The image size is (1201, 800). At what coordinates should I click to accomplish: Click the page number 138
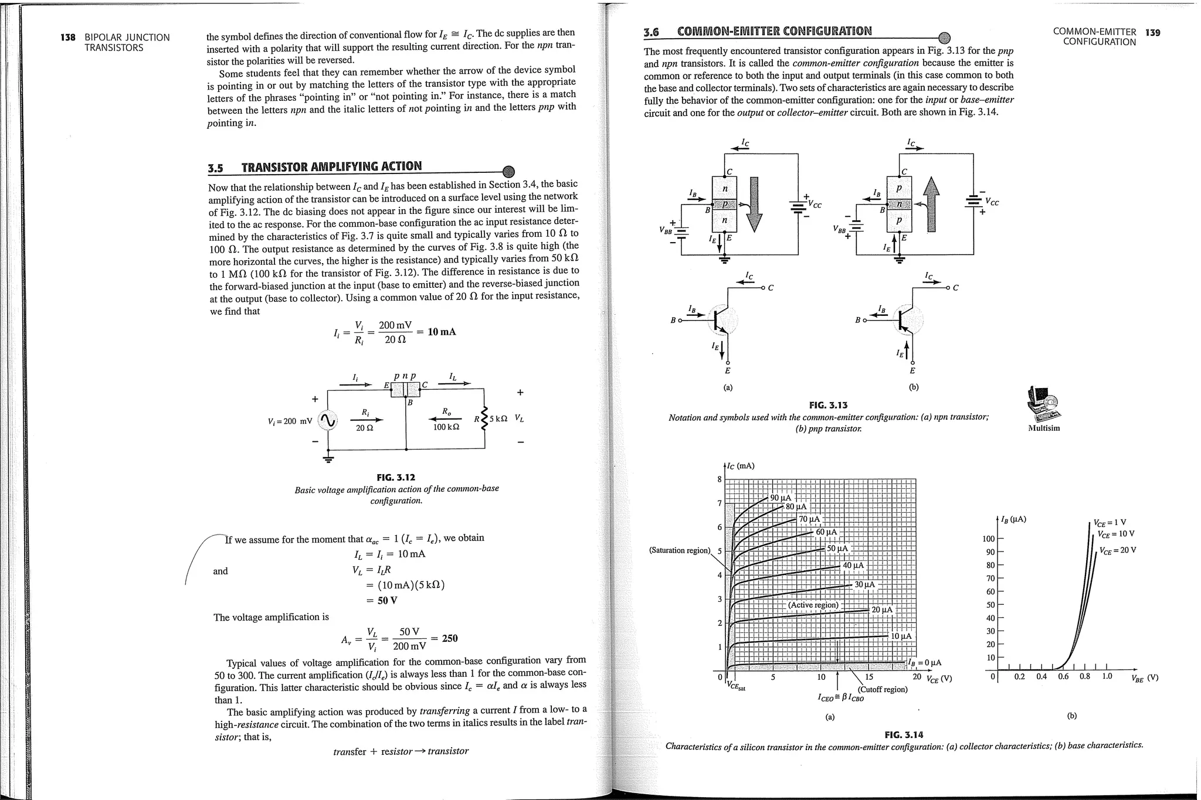(68, 38)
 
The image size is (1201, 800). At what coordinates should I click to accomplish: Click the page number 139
(1152, 32)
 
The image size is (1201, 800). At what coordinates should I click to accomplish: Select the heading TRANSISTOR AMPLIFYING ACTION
(331, 166)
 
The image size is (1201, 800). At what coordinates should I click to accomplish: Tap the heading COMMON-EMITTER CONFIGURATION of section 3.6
(774, 31)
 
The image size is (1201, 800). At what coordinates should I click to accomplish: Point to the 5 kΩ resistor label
(498, 418)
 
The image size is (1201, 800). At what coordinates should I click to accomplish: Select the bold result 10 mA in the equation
(442, 332)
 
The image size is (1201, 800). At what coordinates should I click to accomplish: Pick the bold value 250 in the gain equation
(450, 638)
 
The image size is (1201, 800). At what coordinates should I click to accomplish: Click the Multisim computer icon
(1044, 404)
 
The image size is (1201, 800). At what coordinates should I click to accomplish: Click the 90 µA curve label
(781, 498)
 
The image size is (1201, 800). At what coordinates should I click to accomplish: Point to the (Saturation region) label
(679, 550)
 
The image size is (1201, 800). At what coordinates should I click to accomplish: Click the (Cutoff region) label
(883, 689)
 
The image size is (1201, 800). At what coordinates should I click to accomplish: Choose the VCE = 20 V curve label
(1117, 550)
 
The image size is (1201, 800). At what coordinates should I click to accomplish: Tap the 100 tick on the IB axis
(989, 539)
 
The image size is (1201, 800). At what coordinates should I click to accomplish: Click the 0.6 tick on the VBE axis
(1063, 676)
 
